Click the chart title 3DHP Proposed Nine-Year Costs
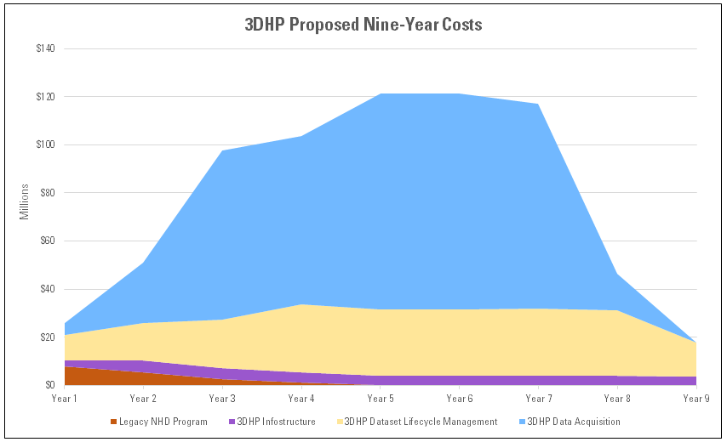click(x=363, y=25)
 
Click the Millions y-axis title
click(x=25, y=201)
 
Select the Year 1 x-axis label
click(x=64, y=398)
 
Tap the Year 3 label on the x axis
click(x=222, y=398)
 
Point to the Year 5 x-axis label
click(x=380, y=398)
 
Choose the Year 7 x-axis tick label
click(x=538, y=398)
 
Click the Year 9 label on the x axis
click(x=696, y=398)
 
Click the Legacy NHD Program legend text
click(x=163, y=422)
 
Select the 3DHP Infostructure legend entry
click(x=276, y=422)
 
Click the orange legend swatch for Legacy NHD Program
click(x=113, y=422)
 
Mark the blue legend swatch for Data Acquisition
click(x=521, y=422)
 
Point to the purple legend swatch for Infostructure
click(x=232, y=422)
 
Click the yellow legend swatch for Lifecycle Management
click(x=341, y=422)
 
